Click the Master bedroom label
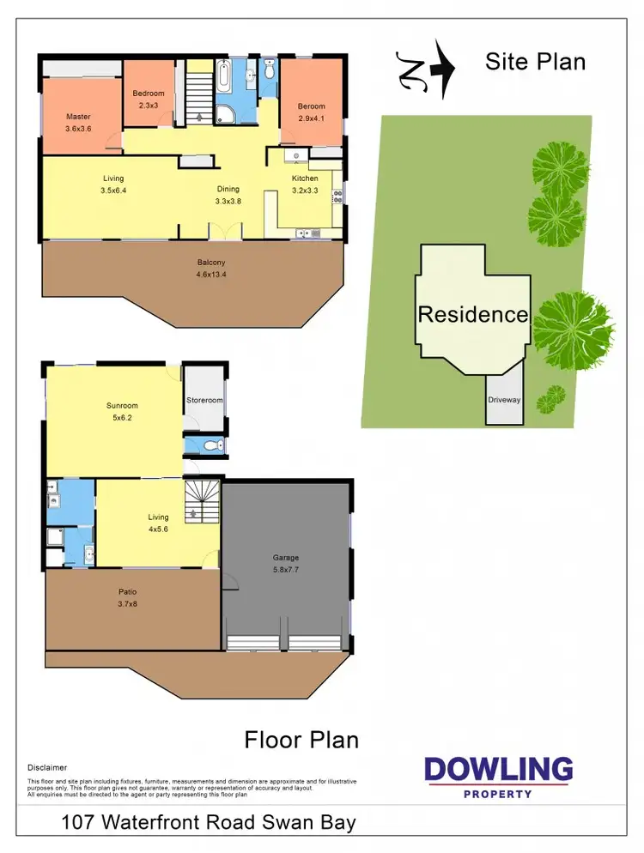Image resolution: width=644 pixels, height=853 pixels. point(78,117)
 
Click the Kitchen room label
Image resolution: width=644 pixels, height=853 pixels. point(305,178)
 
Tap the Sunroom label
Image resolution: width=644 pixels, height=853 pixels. point(122,406)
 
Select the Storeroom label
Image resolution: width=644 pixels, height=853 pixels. point(204,400)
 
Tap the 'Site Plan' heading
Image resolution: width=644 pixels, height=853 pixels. point(535,62)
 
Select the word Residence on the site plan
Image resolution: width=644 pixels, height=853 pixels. point(472,314)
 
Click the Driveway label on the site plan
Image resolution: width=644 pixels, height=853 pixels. point(504,400)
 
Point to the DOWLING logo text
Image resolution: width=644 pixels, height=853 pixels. point(498,769)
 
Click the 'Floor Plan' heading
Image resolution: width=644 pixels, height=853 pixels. point(301,739)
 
